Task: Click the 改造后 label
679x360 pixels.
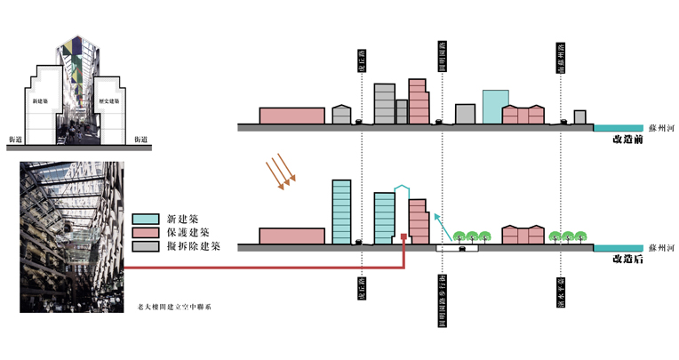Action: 627,259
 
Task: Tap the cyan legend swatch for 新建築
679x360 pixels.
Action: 145,219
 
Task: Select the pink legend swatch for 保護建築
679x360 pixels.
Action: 145,232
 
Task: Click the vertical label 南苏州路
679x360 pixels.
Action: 561,60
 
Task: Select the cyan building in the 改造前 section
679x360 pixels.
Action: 495,107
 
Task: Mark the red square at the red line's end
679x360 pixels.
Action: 404,237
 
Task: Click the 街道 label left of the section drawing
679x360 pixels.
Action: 15,140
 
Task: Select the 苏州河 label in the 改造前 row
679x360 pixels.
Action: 663,128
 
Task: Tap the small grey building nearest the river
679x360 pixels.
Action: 579,117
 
